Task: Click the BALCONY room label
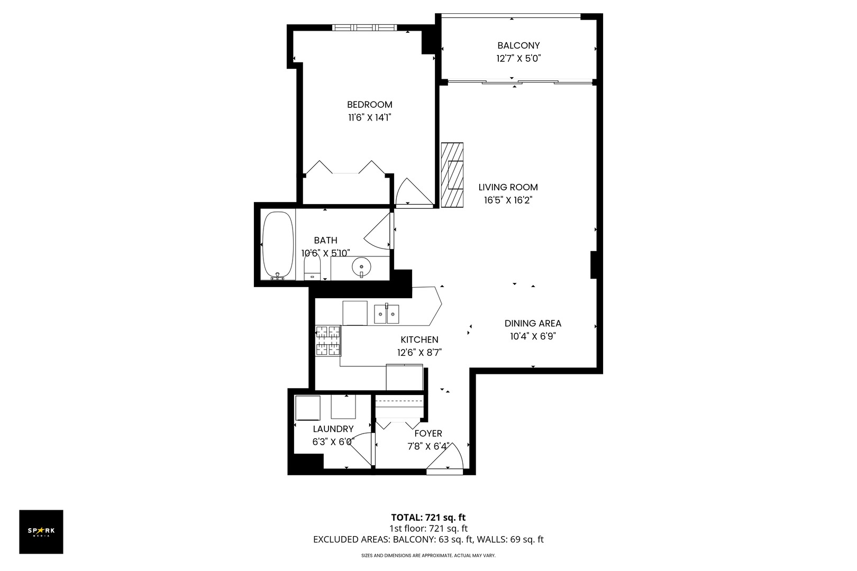[518, 45]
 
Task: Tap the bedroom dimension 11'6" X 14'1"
[369, 117]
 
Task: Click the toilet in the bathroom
[312, 269]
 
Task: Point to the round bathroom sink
[361, 266]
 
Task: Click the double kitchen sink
[387, 314]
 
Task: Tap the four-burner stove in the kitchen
[329, 340]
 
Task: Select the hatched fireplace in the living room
[452, 174]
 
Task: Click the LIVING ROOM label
[508, 187]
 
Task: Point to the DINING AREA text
[533, 323]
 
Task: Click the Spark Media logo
[41, 531]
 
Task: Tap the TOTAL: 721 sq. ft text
[428, 517]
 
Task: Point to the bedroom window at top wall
[363, 27]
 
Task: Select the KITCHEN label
[419, 339]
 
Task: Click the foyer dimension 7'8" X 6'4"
[428, 446]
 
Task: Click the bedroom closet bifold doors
[345, 168]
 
